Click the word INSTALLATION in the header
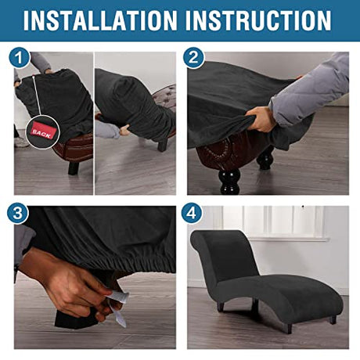[100, 20]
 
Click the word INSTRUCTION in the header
[258, 20]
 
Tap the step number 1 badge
[19, 58]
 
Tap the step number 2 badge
[193, 58]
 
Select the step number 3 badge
[18, 213]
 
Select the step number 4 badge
[192, 213]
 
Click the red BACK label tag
[41, 132]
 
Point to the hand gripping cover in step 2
[261, 120]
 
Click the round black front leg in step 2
[230, 182]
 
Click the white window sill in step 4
[288, 239]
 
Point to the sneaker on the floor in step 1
[21, 142]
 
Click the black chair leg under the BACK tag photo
[74, 168]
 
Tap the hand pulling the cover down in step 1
[124, 130]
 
